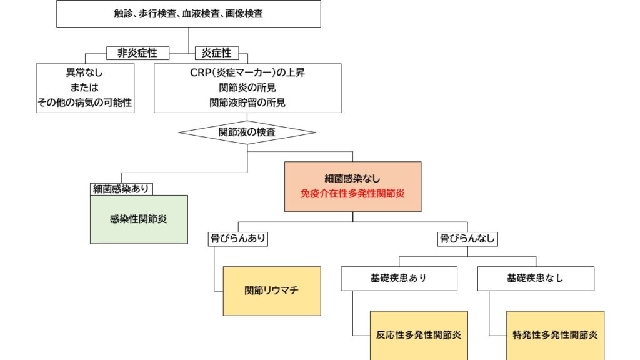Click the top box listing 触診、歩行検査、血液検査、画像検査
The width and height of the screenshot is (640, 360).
pyautogui.click(x=189, y=14)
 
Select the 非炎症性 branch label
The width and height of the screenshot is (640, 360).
pyautogui.click(x=137, y=53)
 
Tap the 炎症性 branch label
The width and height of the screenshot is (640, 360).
pyautogui.click(x=217, y=53)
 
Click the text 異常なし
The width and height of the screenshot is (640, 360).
pyautogui.click(x=84, y=73)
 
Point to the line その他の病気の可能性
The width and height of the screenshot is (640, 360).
pyautogui.click(x=85, y=102)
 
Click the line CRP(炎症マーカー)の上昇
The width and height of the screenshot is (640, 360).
pyautogui.click(x=247, y=72)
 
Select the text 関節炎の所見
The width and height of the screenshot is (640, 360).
pyautogui.click(x=247, y=87)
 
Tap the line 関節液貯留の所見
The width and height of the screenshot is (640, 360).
pyautogui.click(x=247, y=102)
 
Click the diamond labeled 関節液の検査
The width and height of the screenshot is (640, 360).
pyautogui.click(x=247, y=132)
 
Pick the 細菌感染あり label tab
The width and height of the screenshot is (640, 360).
pyautogui.click(x=121, y=189)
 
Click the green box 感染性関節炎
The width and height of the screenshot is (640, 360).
pyautogui.click(x=139, y=219)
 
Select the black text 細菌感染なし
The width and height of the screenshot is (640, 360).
pyautogui.click(x=352, y=178)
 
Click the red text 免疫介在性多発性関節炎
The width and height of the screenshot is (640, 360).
pyautogui.click(x=352, y=194)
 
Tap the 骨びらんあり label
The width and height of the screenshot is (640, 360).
pyautogui.click(x=238, y=239)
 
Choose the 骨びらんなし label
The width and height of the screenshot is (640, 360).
pyautogui.click(x=467, y=239)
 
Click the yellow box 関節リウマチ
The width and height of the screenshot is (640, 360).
pyautogui.click(x=272, y=291)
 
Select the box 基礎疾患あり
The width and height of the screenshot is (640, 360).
pyautogui.click(x=399, y=279)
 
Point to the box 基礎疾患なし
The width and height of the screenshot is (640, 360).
pyautogui.click(x=536, y=279)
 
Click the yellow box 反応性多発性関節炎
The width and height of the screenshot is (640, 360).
pyautogui.click(x=419, y=336)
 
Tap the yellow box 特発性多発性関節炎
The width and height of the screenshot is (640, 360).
pyautogui.click(x=555, y=336)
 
